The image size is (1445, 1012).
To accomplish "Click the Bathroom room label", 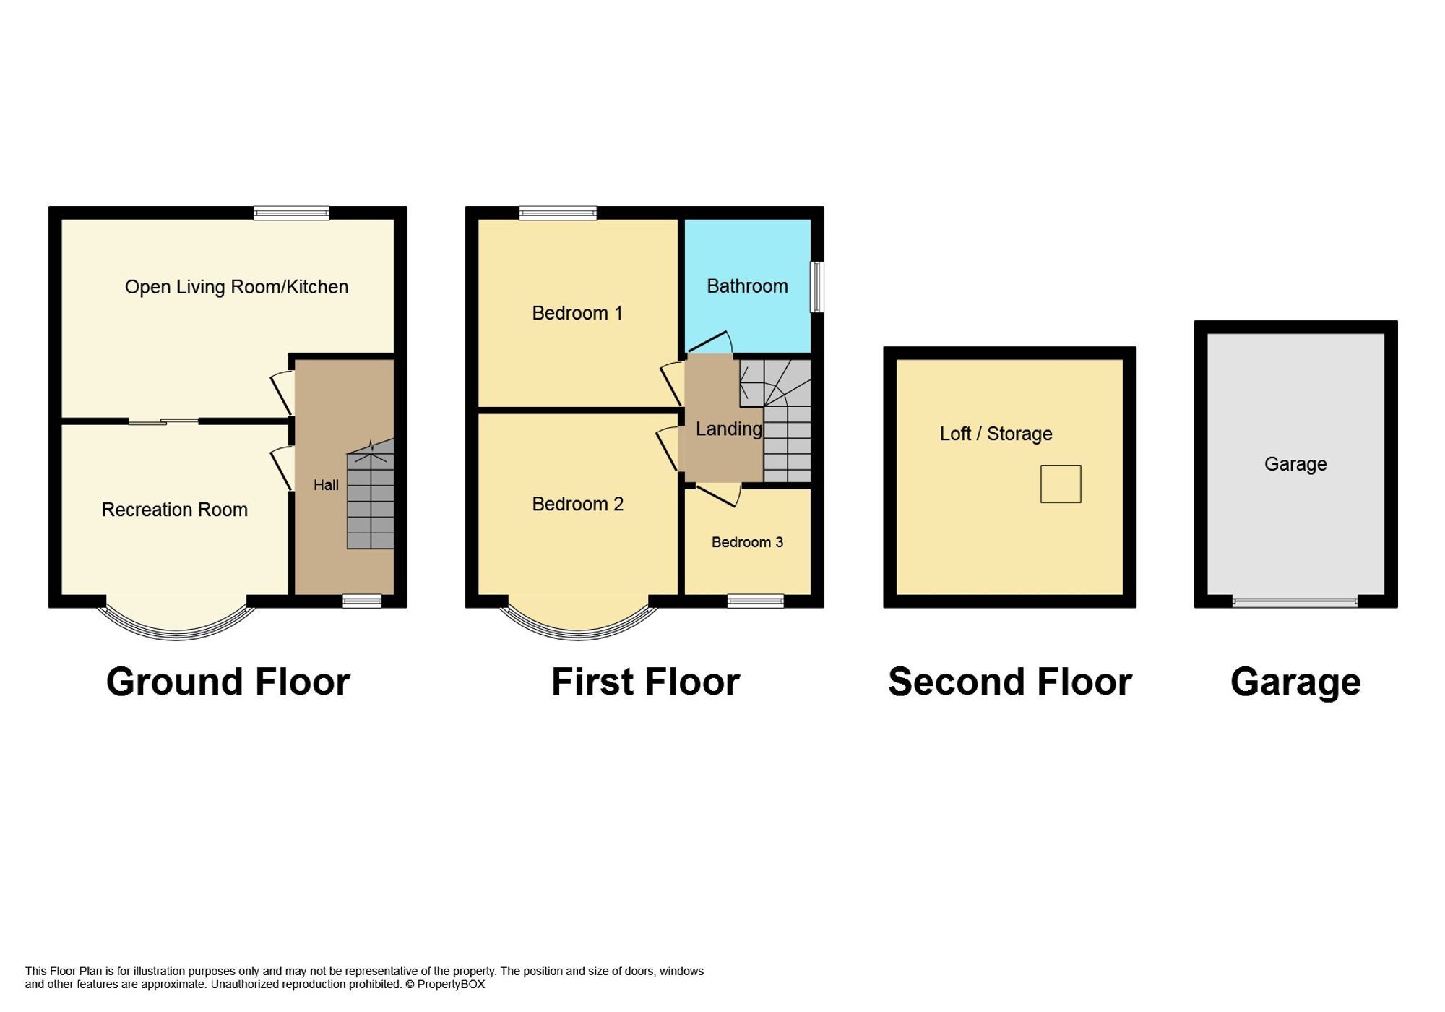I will pos(747,286).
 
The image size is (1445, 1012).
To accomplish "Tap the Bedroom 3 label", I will pos(747,542).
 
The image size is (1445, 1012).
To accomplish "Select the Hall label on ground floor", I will pos(326,485).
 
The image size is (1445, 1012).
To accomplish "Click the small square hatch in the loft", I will pos(1061,484).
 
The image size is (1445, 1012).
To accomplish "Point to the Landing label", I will pos(728,429).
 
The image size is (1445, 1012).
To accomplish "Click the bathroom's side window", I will pos(817,286).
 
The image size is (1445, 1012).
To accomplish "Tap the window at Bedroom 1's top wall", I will pos(558,213).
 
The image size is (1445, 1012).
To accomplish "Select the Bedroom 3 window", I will pos(755,601).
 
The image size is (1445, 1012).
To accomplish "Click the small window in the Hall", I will pos(362,601).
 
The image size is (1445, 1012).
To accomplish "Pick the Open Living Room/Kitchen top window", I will pos(292,213).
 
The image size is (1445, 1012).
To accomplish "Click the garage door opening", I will pos(1295,601).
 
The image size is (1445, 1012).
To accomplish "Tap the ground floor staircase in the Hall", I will pos(371,499).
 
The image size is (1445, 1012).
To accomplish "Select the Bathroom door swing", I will pos(712,343).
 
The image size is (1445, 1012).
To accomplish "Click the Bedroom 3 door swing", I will pos(719,495).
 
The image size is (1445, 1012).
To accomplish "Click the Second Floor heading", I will pos(1009,682).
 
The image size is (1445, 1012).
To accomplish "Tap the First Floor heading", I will pos(645,682).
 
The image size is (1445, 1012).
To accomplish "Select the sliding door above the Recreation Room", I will pos(163,421).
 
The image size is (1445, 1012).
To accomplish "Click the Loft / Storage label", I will pos(996,434).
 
